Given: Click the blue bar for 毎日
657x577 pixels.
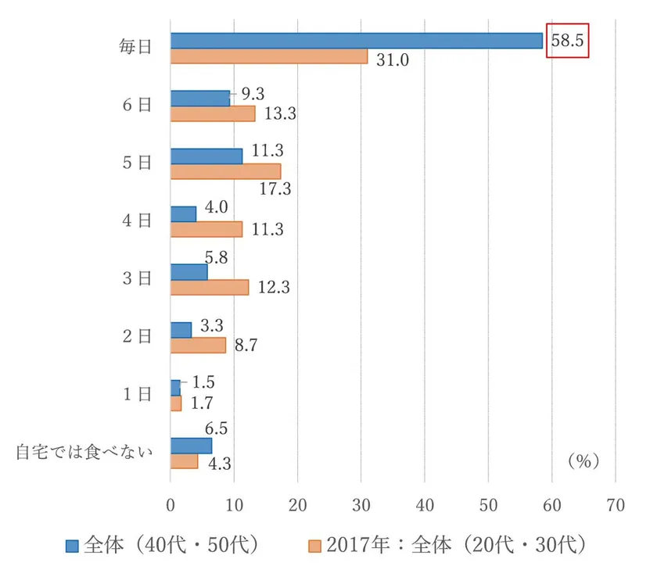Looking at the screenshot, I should tap(356, 41).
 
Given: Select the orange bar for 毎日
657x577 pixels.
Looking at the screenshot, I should tap(269, 56).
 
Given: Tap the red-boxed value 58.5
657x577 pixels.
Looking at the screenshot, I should tap(567, 41).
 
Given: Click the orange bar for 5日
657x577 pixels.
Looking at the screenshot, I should tap(225, 171).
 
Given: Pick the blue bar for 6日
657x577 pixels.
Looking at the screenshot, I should tap(200, 98).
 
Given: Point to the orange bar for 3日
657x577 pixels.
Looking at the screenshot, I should tap(210, 287).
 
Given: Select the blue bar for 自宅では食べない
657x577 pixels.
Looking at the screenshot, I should tap(191, 445).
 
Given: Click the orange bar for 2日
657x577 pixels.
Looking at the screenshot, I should tap(198, 345).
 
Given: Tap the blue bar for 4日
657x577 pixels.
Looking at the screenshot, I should tap(183, 213).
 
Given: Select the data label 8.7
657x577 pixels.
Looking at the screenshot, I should tap(249, 345).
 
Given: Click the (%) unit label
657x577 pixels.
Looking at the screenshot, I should tap(583, 462).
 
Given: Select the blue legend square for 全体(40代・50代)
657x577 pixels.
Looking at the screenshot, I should tap(73, 545).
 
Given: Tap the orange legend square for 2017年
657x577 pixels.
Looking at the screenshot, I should tap(315, 545).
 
